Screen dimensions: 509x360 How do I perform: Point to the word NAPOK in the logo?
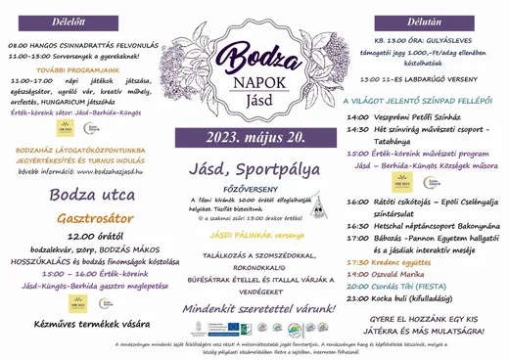254,81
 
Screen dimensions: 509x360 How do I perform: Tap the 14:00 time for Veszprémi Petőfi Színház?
357,114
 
